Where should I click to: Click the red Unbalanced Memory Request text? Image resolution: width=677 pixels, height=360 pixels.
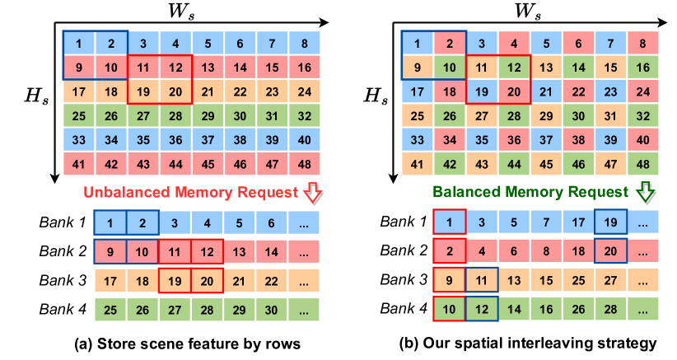tap(189, 194)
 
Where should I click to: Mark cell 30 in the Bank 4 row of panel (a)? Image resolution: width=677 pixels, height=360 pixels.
tap(272, 310)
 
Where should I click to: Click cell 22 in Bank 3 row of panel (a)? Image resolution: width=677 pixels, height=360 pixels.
tap(272, 280)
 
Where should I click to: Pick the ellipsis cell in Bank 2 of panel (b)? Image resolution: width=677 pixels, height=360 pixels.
tap(643, 251)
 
